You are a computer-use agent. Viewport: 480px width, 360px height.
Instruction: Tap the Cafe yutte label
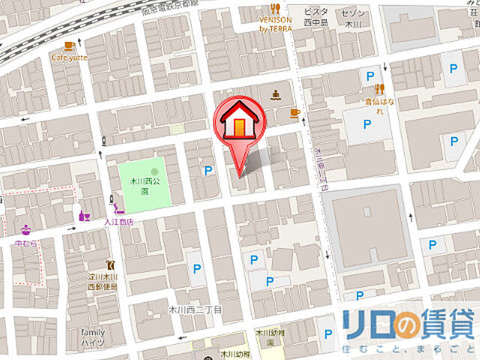click(70, 56)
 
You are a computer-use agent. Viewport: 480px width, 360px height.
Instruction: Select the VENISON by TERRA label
click(275, 23)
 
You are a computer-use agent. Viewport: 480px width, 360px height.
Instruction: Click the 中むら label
click(25, 243)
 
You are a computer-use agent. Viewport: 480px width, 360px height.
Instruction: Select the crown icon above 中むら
click(27, 229)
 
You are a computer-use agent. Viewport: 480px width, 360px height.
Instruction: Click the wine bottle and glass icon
click(84, 216)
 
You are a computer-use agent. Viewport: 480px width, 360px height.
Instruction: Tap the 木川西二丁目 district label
click(196, 309)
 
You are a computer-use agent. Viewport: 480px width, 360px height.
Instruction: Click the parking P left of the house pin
click(207, 171)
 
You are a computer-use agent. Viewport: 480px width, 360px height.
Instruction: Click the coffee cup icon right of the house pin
click(295, 113)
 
